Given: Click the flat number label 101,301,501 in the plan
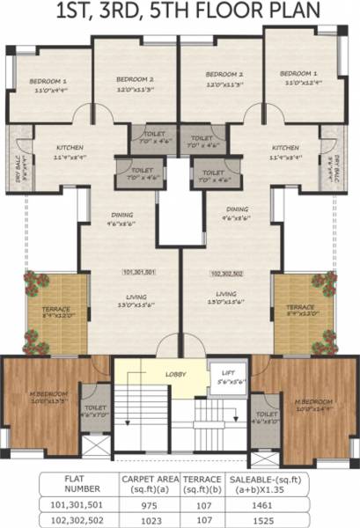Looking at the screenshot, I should click(x=139, y=273).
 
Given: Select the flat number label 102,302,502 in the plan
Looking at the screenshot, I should click(x=226, y=274).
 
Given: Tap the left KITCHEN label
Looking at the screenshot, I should click(x=70, y=148).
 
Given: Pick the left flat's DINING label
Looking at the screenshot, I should click(x=121, y=214).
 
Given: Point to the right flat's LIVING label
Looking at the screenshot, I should click(x=226, y=293).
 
